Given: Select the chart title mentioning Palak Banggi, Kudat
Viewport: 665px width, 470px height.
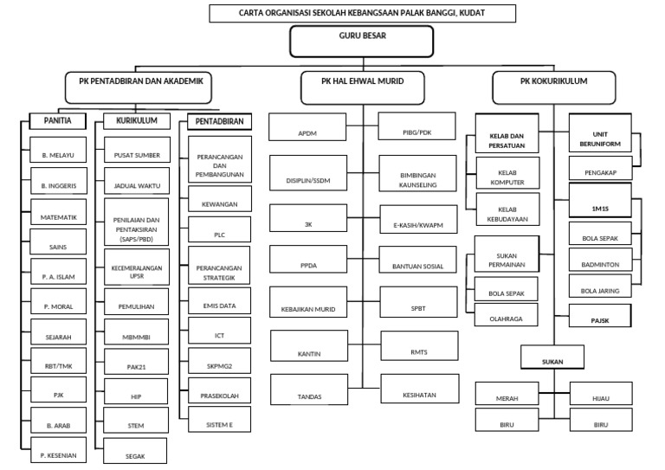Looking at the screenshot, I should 362,13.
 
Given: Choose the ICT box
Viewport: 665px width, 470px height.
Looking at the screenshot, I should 220,332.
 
